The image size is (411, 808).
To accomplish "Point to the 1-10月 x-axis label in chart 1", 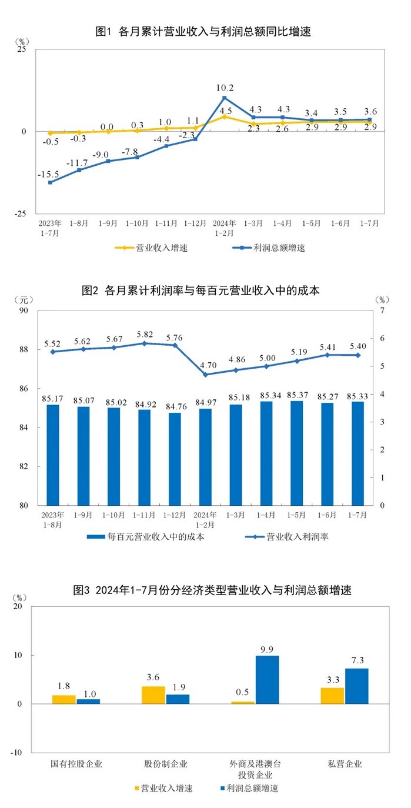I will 137,223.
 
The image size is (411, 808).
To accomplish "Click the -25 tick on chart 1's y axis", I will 21,214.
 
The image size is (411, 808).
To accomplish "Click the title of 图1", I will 203,32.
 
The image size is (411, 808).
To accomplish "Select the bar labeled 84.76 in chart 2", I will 174,459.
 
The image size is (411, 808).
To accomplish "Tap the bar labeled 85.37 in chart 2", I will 297,453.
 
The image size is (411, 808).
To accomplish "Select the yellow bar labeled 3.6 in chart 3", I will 153,695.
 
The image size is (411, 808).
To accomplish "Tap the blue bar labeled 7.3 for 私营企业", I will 357,686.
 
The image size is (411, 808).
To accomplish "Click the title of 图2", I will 201,291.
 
